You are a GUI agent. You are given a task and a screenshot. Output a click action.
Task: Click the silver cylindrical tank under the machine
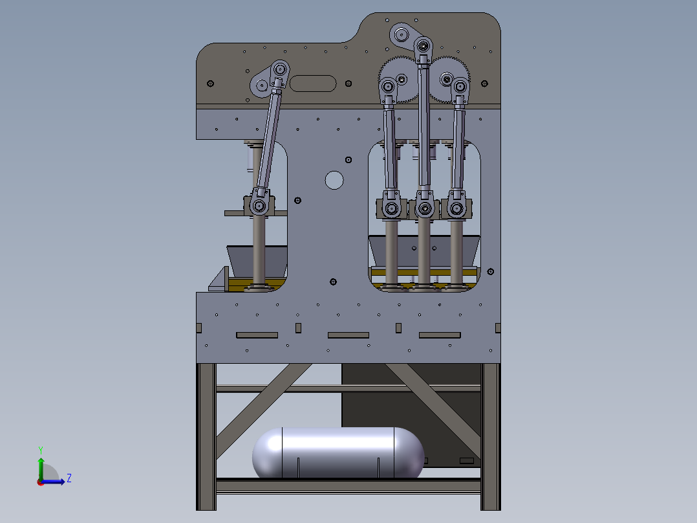pos(338,452)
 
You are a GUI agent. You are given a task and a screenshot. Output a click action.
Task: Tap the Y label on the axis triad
pos(41,450)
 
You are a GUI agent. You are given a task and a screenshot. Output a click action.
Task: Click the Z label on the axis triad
pos(69,478)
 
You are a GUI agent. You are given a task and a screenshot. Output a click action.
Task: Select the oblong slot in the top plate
pos(313,83)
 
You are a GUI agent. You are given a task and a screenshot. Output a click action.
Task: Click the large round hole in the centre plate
pos(334,181)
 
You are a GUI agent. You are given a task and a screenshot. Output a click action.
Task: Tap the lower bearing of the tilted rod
pos(259,206)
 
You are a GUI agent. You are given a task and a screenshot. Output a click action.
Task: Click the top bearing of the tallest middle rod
pos(423,45)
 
